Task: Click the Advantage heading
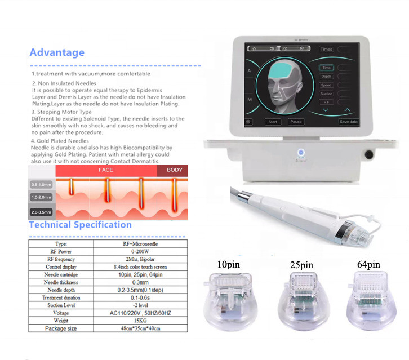(57, 52)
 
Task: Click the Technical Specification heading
(80, 225)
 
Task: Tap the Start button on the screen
(273, 122)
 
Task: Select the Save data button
(348, 122)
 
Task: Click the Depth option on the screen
(326, 76)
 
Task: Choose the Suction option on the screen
(326, 94)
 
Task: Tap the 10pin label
(232, 263)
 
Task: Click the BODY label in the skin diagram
(175, 170)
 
